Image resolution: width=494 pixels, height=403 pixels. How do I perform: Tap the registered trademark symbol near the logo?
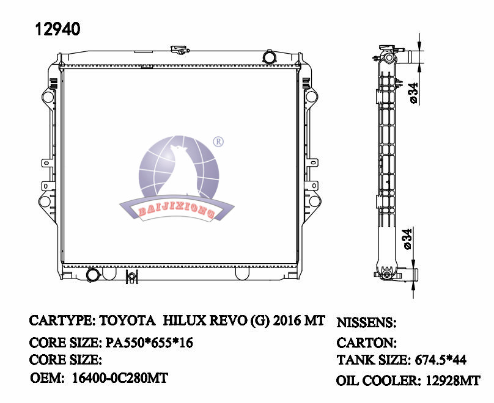click(x=218, y=142)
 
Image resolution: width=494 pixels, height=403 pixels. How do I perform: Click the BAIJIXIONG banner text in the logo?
click(x=175, y=211)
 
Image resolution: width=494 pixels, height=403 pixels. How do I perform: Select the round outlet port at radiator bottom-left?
click(x=93, y=276)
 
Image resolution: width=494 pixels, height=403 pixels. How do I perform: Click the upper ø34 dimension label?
click(x=413, y=92)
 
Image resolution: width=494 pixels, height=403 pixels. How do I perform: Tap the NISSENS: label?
click(x=367, y=322)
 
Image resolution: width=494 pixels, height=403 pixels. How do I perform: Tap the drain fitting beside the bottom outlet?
click(x=131, y=278)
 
